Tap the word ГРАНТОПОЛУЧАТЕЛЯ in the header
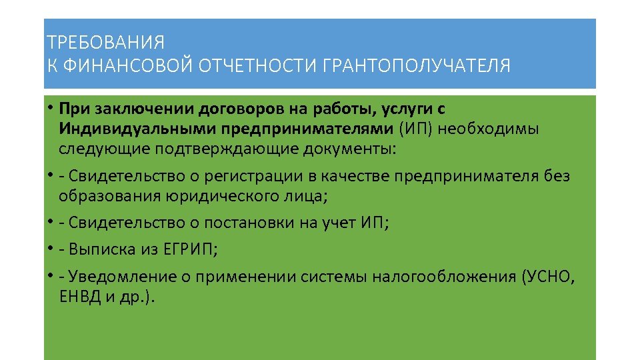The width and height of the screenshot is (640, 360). [416, 67]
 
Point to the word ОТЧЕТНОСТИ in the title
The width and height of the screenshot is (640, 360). [257, 67]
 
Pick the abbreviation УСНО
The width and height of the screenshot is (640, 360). [549, 277]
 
